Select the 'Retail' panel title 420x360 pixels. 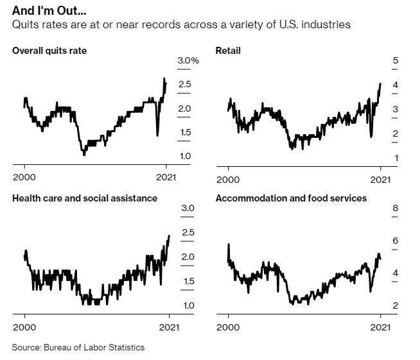point(228,50)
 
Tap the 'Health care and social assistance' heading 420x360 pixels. point(85,198)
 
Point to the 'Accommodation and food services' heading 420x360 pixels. point(291,198)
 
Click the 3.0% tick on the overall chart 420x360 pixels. point(188,60)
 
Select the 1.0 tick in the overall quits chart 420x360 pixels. point(184,157)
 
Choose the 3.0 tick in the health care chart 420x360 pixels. point(188,208)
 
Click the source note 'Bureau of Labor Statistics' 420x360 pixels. point(94,347)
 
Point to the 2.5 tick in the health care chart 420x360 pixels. point(188,232)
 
